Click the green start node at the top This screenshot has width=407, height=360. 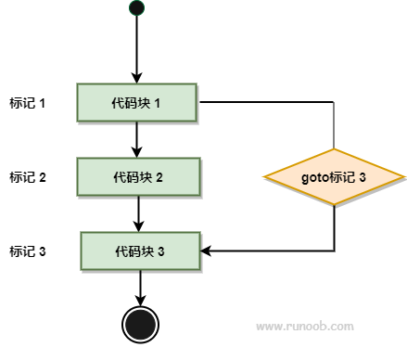136,7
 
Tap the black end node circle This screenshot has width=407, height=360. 140,325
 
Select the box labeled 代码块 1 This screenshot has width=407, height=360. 136,102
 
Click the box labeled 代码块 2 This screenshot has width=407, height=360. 138,177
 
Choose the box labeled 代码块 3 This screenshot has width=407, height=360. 140,251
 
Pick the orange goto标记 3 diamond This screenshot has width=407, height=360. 334,177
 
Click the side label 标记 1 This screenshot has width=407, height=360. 28,103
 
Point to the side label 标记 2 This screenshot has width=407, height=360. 28,177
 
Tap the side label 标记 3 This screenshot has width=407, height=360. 28,251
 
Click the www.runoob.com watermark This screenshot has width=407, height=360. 305,327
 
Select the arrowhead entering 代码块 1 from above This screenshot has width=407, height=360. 136,78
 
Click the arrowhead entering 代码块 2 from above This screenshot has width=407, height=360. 136,152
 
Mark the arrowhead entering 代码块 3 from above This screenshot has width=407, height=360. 138,226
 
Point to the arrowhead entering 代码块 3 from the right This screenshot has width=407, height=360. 206,251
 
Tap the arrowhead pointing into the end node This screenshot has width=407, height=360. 140,301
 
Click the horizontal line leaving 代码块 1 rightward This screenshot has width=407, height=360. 267,102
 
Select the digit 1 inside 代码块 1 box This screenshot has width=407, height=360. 158,103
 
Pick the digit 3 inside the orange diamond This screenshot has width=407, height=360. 362,177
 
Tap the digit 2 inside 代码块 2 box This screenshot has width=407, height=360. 159,177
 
